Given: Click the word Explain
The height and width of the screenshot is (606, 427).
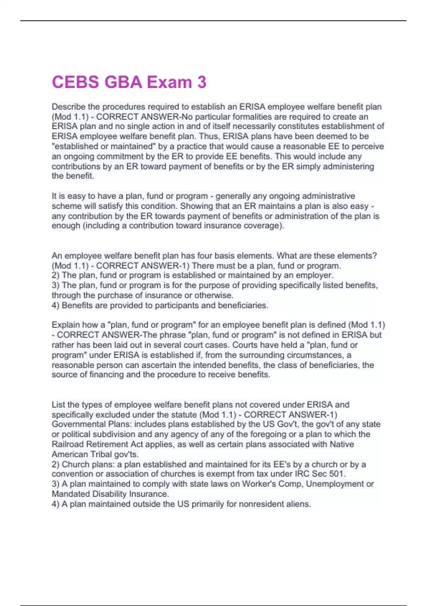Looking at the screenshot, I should (66, 325).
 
